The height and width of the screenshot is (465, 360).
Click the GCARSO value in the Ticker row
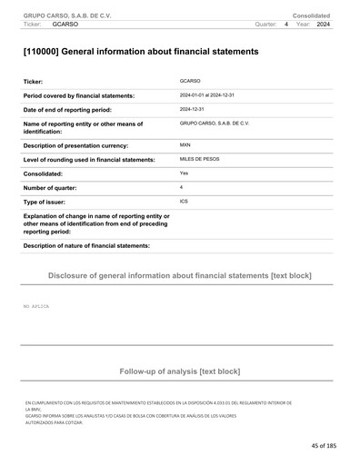pyautogui.click(x=190, y=81)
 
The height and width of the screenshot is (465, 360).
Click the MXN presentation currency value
pyautogui.click(x=185, y=144)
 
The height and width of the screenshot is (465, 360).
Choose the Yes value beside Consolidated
pyautogui.click(x=185, y=173)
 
